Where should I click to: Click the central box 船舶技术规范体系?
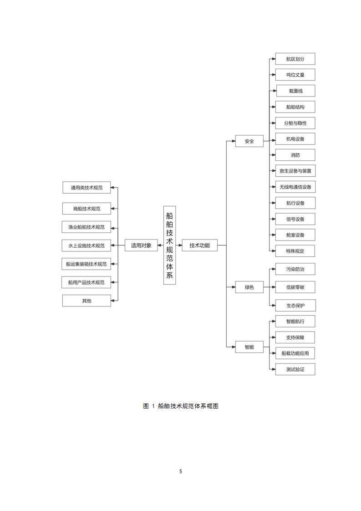point(169,245)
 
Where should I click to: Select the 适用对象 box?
point(141,245)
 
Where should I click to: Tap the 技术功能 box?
point(199,245)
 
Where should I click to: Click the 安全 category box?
point(249,141)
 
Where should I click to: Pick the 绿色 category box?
point(249,287)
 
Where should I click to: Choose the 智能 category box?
point(249,347)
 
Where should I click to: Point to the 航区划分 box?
point(295,59)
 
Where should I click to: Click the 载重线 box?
point(295,91)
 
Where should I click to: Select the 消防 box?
point(295,155)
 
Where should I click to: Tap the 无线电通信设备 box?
point(295,187)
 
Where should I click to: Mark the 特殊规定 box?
point(295,251)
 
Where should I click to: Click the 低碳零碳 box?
point(295,287)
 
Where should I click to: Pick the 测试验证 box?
point(295,369)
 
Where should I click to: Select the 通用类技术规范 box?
point(86,188)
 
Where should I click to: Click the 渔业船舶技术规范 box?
point(86,227)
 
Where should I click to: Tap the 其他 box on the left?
point(86,301)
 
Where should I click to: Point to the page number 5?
point(181,471)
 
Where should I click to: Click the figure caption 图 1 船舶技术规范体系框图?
point(181,406)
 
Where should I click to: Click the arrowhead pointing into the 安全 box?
point(233,141)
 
